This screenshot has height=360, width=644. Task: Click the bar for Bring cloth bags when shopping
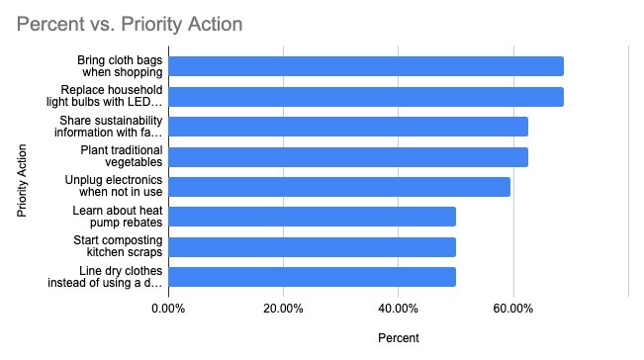click(x=366, y=66)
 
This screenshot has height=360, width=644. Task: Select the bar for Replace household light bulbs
click(x=366, y=97)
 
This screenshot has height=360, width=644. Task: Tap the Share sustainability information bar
click(x=348, y=127)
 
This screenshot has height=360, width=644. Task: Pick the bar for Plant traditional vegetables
click(x=348, y=157)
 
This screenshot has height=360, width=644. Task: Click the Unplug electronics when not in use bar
click(x=339, y=187)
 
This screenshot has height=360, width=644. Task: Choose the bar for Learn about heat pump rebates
click(x=313, y=217)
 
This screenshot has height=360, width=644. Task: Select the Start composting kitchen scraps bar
click(x=313, y=247)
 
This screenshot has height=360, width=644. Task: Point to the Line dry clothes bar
click(x=313, y=277)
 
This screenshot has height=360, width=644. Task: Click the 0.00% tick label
click(x=168, y=309)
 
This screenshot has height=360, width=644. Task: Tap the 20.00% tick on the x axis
click(x=283, y=309)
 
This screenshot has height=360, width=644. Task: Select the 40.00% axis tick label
click(x=398, y=309)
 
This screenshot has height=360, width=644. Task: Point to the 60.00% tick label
click(x=513, y=309)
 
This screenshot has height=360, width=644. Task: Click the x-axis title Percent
click(x=399, y=338)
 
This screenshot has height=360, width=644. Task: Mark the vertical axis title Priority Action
click(x=22, y=180)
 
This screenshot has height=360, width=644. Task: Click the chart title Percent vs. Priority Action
click(x=130, y=24)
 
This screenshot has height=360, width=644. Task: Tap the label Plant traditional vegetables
click(x=122, y=156)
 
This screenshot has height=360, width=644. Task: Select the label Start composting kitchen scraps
click(x=118, y=246)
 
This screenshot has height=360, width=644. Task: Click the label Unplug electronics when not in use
click(x=114, y=186)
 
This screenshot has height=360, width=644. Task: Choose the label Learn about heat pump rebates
click(x=118, y=217)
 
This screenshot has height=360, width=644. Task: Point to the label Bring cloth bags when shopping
click(x=120, y=65)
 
